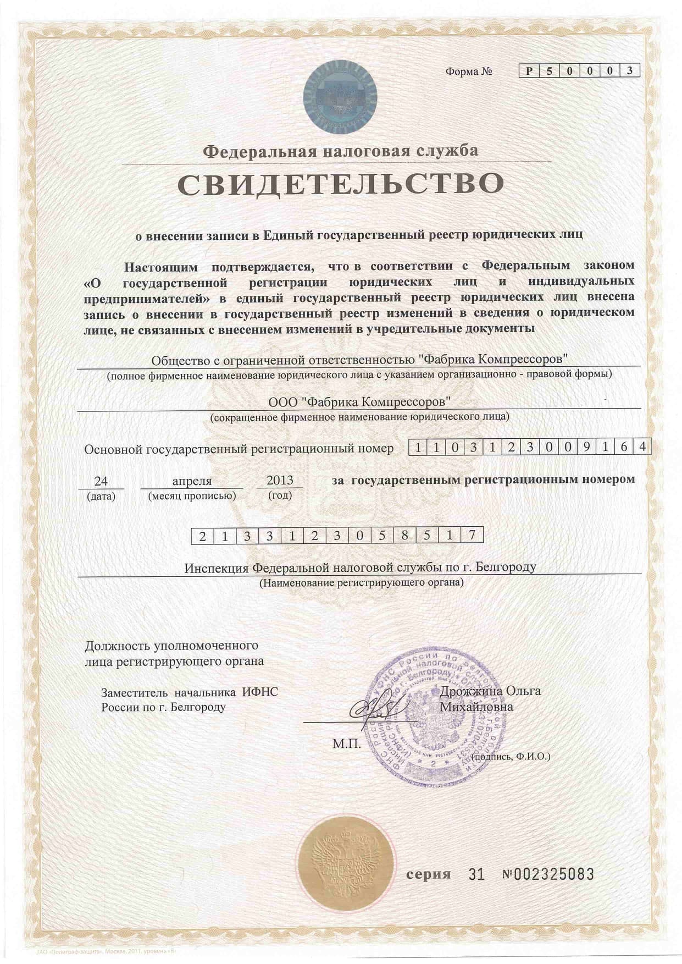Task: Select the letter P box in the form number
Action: [529, 70]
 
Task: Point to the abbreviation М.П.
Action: [347, 744]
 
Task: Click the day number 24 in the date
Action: [101, 481]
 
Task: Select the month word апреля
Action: [192, 481]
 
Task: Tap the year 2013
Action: [279, 480]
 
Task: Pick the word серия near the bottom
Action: [428, 874]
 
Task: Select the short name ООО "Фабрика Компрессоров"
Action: [359, 401]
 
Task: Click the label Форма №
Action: [468, 71]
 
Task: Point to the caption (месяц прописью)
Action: [192, 495]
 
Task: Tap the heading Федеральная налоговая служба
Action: [341, 150]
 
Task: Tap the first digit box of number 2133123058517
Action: [202, 535]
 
